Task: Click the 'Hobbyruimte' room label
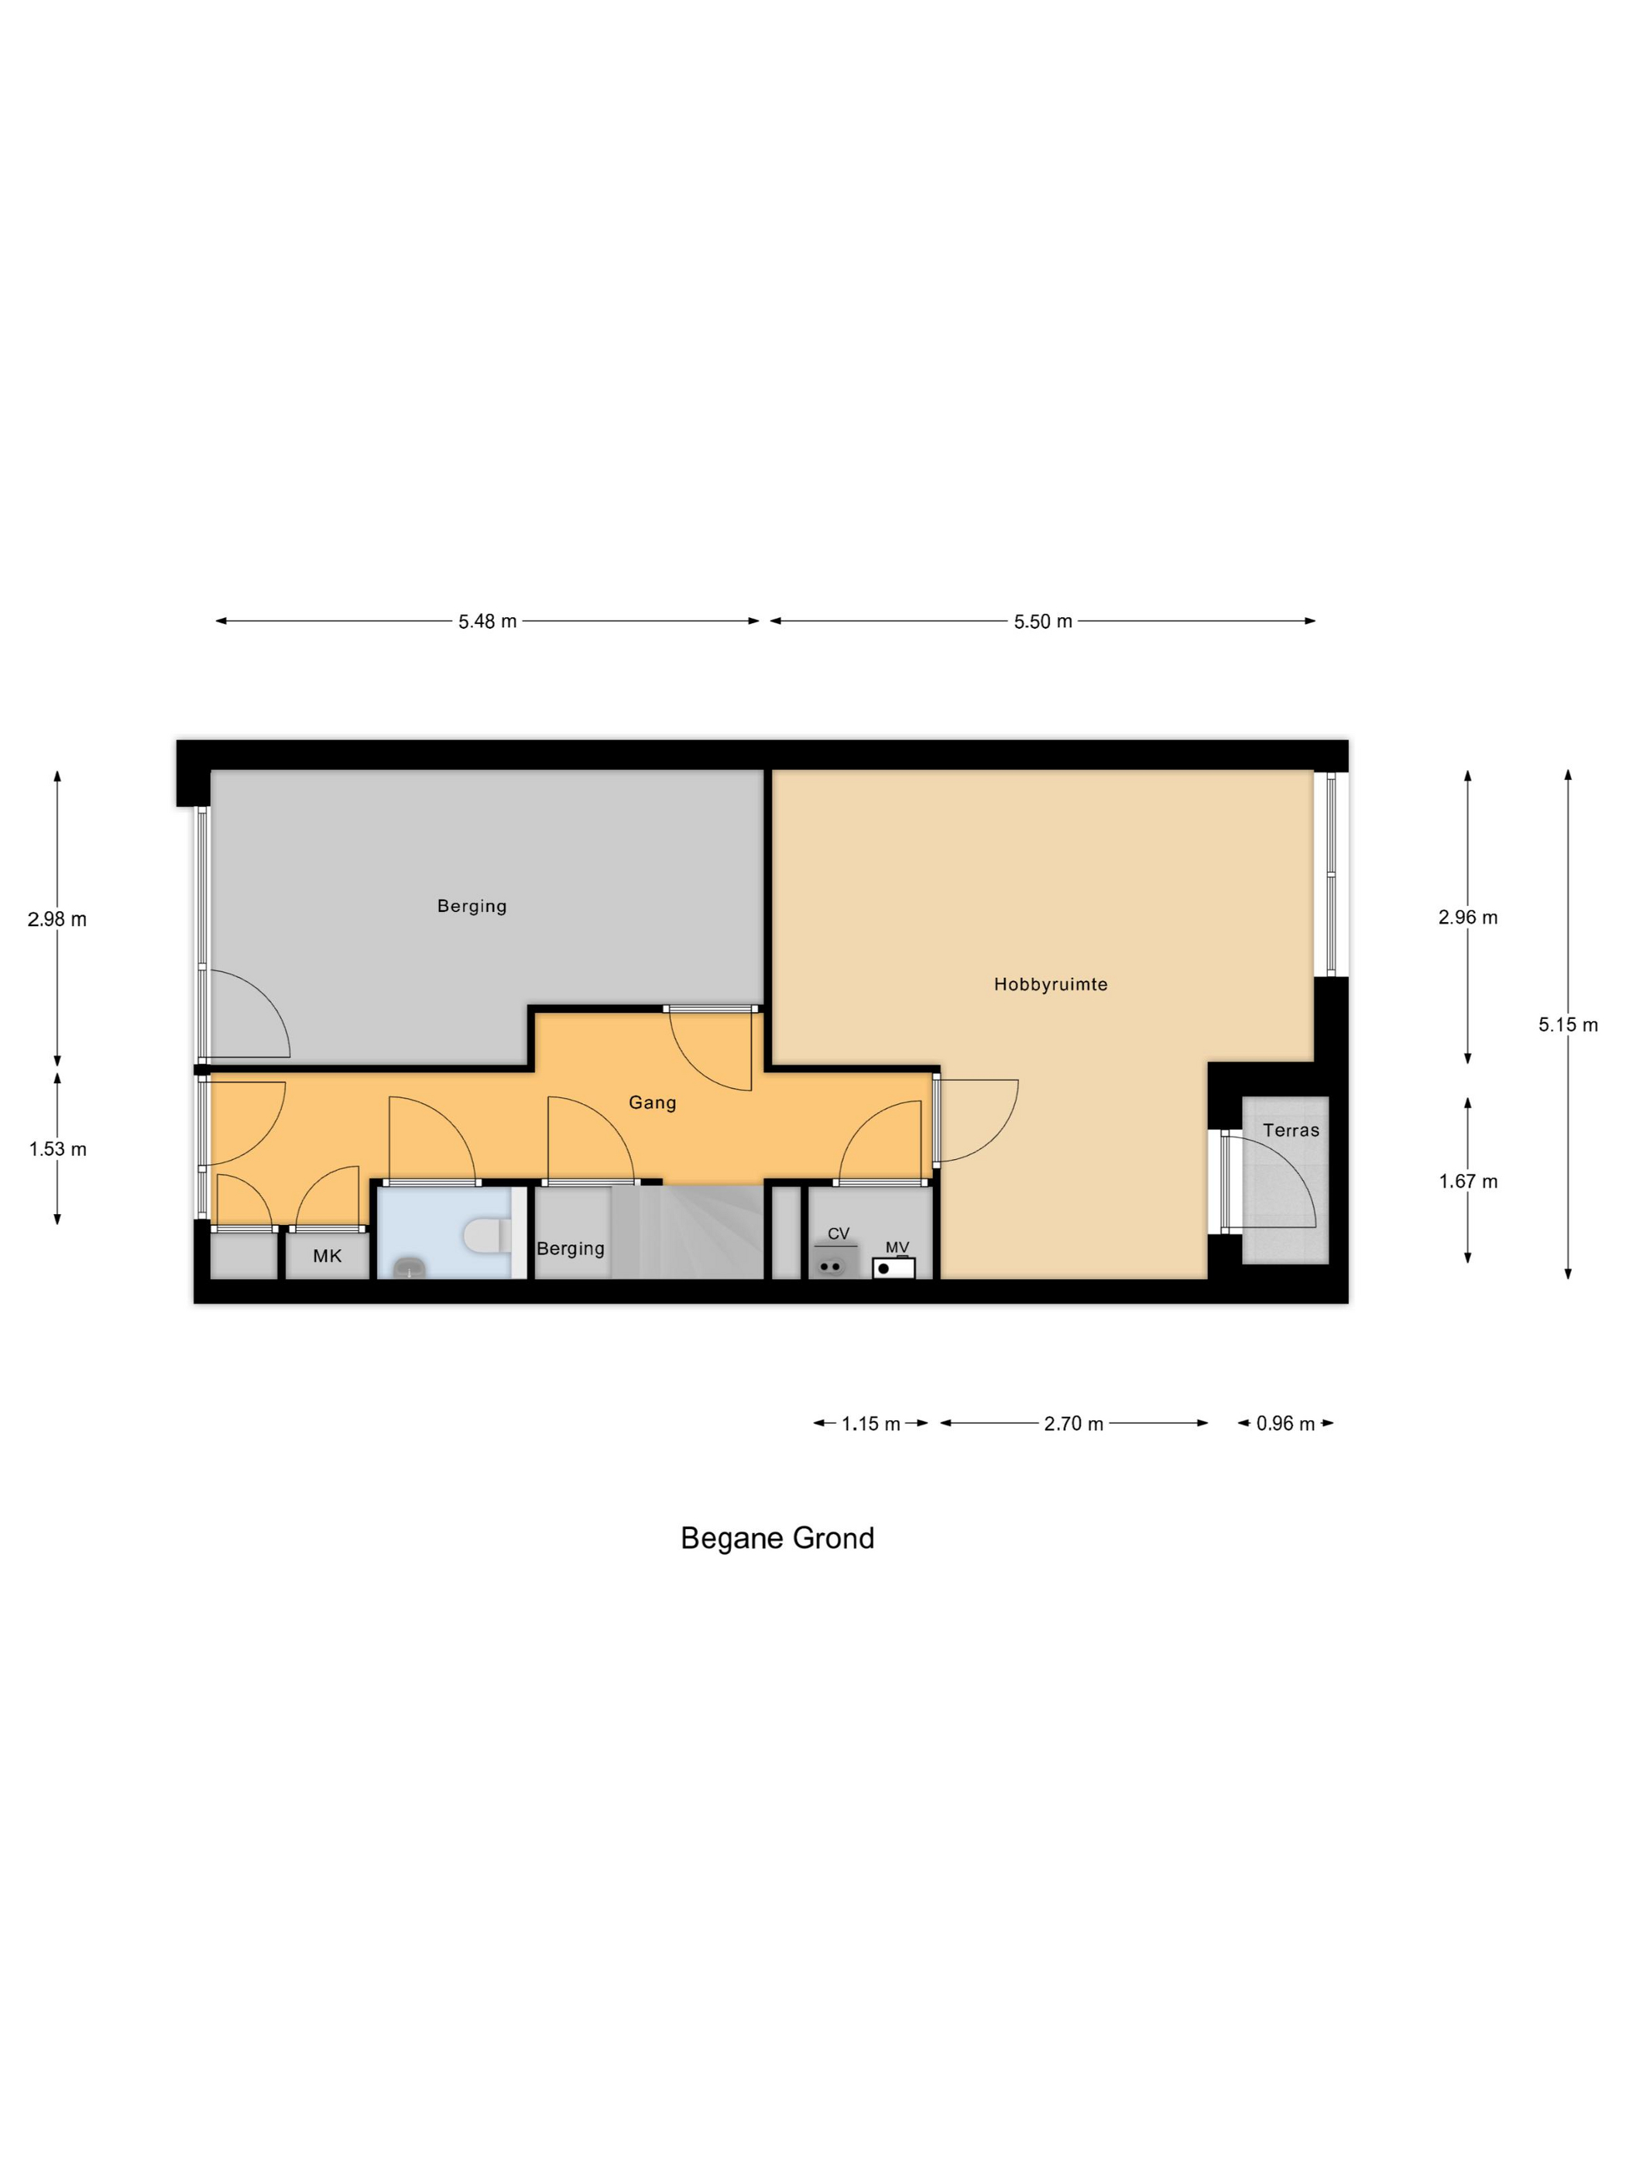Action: coord(1050,984)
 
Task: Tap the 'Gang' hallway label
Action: coord(652,1103)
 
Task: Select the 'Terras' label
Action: coord(1291,1130)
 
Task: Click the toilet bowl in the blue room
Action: coord(486,1235)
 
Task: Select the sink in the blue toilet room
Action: coord(410,1268)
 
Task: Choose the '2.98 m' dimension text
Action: coord(57,919)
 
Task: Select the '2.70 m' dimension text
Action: coord(1073,1423)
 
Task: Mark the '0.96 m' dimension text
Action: coord(1285,1423)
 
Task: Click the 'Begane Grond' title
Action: coord(777,1538)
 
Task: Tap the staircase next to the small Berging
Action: coord(687,1232)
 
